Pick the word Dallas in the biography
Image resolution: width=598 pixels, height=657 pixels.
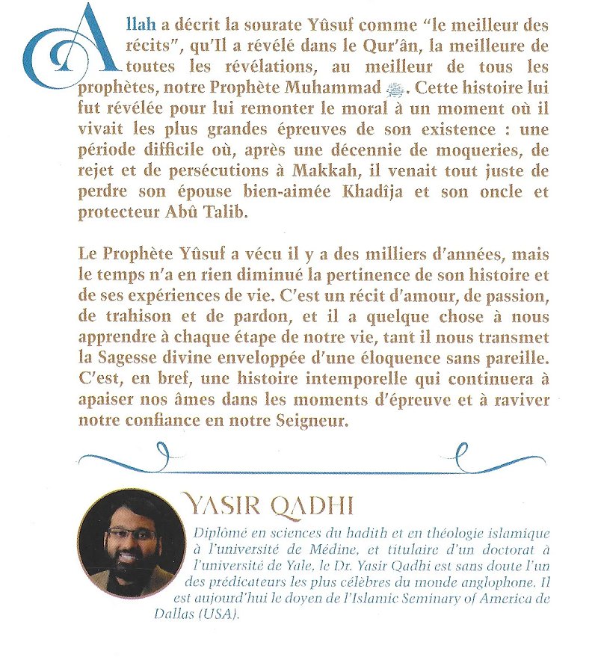(212, 614)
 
